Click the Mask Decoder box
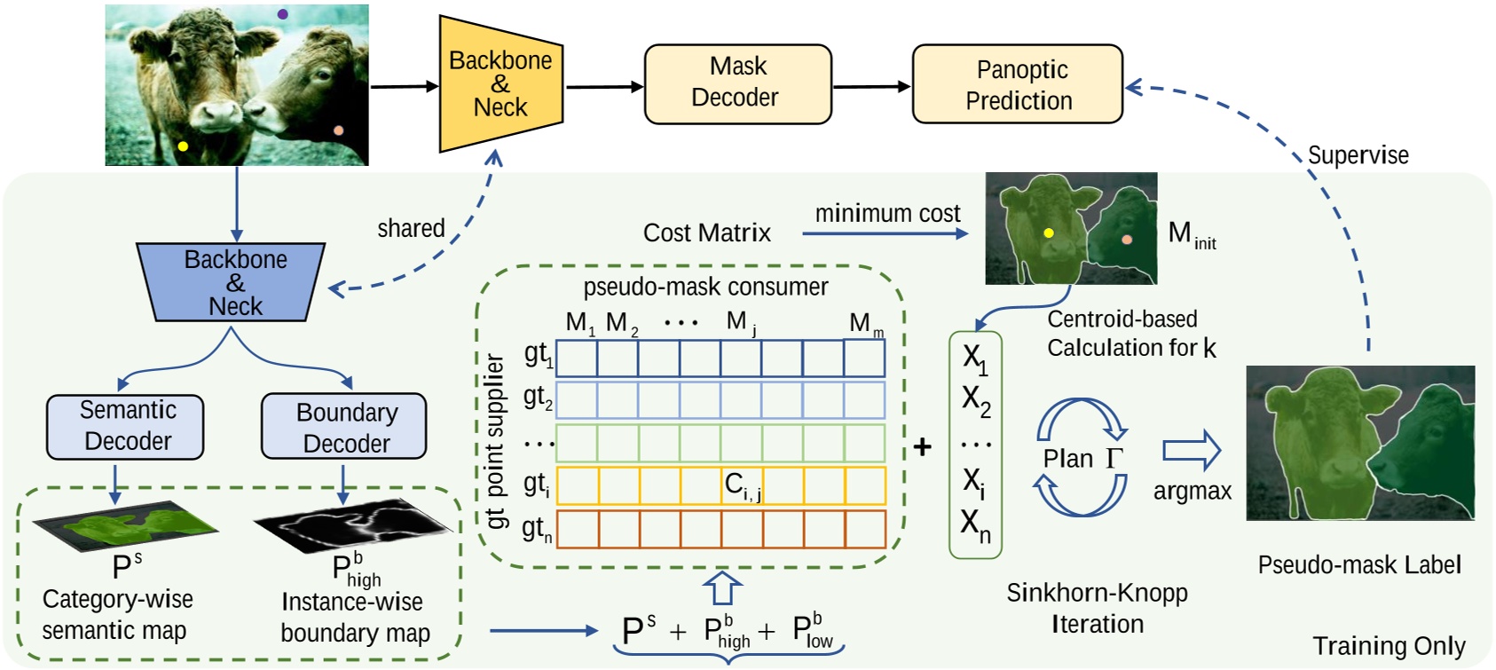[x=737, y=83]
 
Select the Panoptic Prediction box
[x=1018, y=84]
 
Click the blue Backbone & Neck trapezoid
[x=232, y=282]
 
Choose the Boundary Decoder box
[x=344, y=428]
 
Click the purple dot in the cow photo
[x=282, y=14]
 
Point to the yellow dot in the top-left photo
[x=183, y=146]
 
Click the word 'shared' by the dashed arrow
[x=411, y=228]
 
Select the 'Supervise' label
[x=1358, y=155]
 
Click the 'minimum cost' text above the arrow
[x=887, y=214]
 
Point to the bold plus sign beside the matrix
[x=923, y=446]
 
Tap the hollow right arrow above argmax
[x=1192, y=451]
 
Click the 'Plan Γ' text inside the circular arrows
[x=1082, y=459]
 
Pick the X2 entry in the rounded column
[x=975, y=400]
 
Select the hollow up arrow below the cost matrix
[x=722, y=588]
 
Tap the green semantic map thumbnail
[x=126, y=526]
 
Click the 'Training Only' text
[x=1388, y=645]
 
